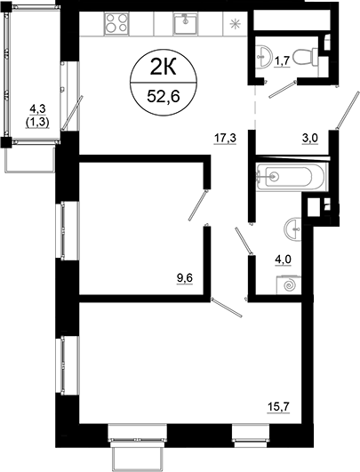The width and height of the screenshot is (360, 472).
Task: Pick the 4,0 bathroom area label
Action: tap(283, 260)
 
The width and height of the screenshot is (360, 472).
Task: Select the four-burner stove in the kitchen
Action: tap(116, 23)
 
